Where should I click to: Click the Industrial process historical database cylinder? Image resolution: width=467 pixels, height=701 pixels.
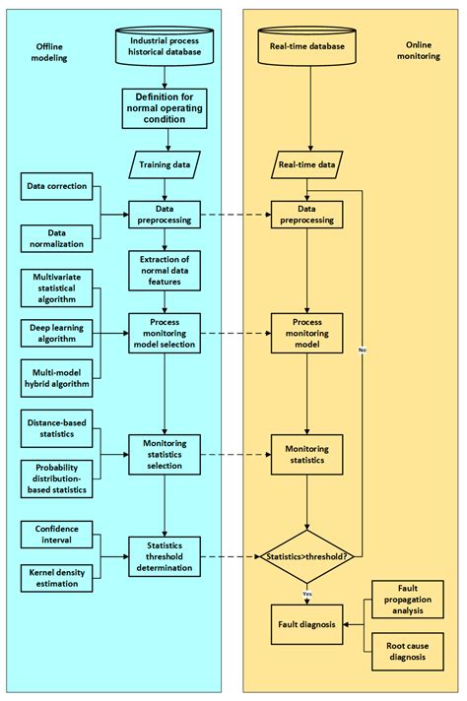[x=163, y=46]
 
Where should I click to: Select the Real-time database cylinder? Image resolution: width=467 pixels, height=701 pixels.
[x=309, y=46]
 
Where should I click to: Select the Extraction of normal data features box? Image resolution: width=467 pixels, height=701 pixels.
[x=163, y=268]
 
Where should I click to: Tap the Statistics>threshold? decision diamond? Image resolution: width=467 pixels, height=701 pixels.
[x=309, y=554]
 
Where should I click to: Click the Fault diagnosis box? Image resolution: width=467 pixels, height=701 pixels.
[x=308, y=623]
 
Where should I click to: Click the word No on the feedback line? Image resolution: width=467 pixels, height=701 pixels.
[x=363, y=350]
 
